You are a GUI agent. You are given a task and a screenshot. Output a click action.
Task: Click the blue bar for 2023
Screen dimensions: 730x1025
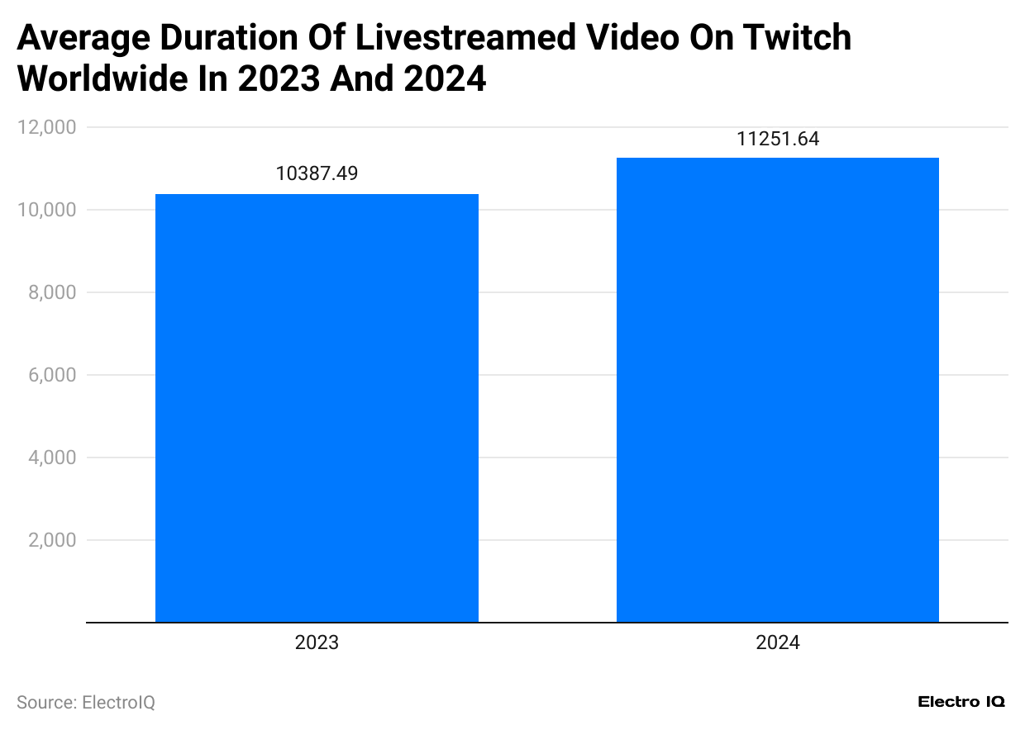click(317, 408)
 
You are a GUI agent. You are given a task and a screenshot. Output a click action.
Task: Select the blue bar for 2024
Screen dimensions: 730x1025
click(777, 390)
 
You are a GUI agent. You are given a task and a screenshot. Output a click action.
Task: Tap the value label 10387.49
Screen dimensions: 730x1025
click(317, 174)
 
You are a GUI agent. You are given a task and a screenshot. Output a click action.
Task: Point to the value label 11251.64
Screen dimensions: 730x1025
click(777, 139)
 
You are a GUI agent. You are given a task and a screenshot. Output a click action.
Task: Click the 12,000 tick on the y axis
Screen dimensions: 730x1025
click(46, 127)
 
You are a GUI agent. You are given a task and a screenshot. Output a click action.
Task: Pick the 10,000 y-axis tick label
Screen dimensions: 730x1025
click(46, 210)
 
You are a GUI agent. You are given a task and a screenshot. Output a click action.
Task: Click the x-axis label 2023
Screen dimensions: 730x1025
click(317, 643)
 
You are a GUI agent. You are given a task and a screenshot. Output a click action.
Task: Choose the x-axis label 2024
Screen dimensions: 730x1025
click(777, 643)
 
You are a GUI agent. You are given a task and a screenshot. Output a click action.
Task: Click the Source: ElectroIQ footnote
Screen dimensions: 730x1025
click(86, 703)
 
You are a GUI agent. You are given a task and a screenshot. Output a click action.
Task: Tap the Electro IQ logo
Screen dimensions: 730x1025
click(961, 702)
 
